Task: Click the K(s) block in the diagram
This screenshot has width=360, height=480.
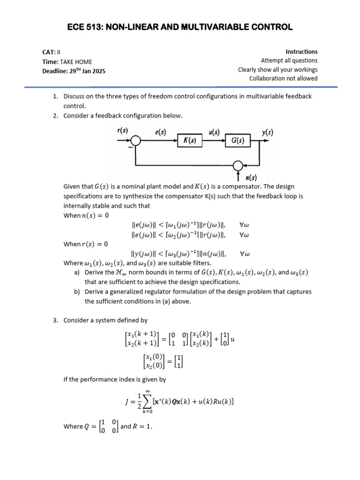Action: [190, 141]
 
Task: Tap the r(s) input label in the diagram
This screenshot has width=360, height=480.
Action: [122, 132]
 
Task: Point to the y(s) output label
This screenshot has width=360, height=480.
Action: [268, 132]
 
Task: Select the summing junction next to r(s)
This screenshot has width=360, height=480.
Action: [135, 141]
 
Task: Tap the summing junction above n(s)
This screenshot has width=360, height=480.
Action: [238, 165]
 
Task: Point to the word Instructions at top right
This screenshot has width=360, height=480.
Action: [301, 52]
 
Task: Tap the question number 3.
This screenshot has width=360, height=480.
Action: [55, 320]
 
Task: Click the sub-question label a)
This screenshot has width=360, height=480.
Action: [76, 272]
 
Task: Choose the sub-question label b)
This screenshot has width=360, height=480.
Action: [76, 292]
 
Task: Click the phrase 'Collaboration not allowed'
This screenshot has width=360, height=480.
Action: [283, 78]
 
